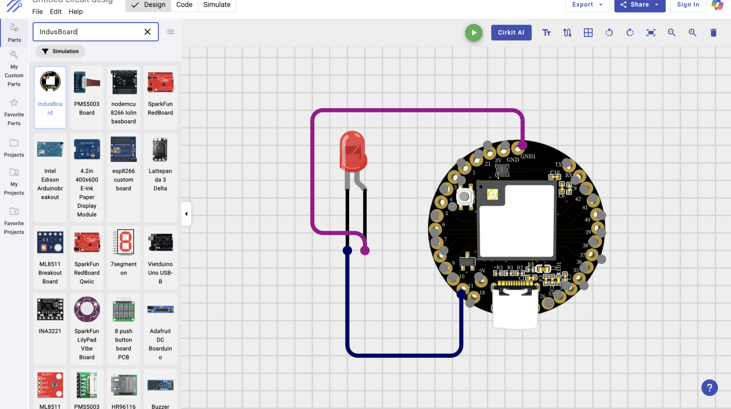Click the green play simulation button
tap(474, 33)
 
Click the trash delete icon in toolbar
tap(713, 33)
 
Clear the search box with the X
tap(147, 32)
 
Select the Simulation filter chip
tap(61, 51)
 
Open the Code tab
tap(184, 5)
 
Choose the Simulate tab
tap(217, 5)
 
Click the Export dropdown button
tap(587, 5)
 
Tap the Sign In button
tap(688, 5)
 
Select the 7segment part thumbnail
tap(124, 242)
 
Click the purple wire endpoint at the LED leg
tap(365, 251)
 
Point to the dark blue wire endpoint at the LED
tap(347, 251)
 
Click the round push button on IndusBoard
tap(464, 197)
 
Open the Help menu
tap(75, 12)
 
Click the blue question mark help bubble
tap(709, 388)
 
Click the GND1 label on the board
tap(528, 157)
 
